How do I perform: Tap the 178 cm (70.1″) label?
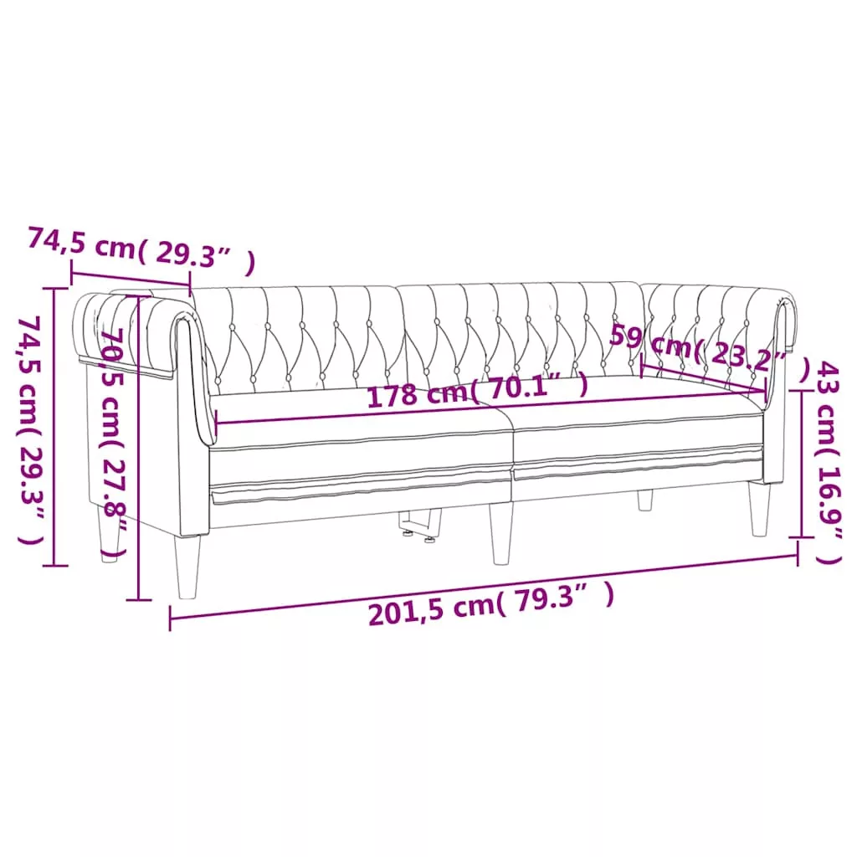(x=477, y=390)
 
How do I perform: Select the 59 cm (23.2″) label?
(x=710, y=353)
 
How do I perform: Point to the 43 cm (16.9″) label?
(x=828, y=462)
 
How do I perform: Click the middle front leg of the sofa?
(x=501, y=533)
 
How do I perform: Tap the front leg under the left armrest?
(x=187, y=566)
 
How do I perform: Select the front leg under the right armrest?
(x=760, y=508)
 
